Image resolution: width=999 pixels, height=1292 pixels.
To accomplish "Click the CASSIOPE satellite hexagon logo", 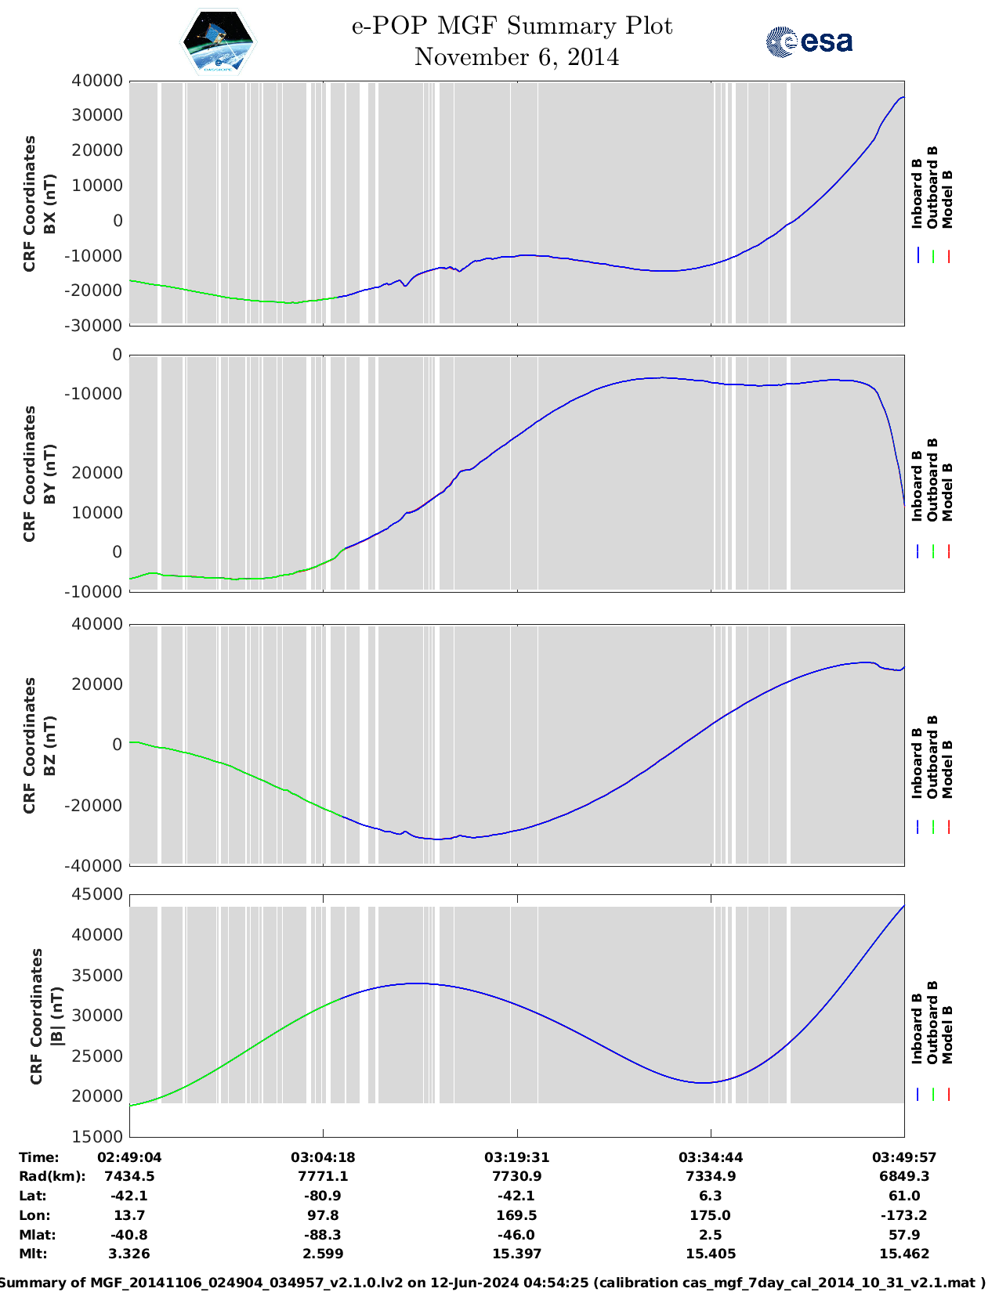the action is pos(218,42).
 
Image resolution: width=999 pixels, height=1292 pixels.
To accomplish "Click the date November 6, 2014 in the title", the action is pos(516,57).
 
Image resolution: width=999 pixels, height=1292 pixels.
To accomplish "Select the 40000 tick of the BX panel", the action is pos(97,81).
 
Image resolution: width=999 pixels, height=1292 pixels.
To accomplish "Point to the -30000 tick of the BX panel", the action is pos(92,325).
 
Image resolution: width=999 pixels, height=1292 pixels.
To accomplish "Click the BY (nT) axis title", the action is pos(49,473).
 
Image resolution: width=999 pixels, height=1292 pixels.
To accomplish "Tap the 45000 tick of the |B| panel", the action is pos(97,893).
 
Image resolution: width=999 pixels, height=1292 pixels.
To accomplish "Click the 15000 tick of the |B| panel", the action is pos(97,1136).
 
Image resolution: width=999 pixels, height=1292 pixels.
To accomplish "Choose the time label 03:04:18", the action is pos(323,1157).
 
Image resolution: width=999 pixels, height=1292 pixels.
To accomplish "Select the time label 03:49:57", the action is pos(903,1157).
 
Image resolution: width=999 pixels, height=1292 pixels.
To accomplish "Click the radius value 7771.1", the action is pos(323,1176).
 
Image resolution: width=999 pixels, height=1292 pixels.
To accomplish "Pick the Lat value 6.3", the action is pos(711,1196).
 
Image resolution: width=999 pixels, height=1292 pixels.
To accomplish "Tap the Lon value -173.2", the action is pos(903,1215).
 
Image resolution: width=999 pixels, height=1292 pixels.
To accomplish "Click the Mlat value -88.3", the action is pos(323,1235).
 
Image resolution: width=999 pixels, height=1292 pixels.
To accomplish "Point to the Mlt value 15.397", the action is pos(516,1254).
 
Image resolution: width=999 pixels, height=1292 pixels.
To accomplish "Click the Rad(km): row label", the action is pos(52,1176).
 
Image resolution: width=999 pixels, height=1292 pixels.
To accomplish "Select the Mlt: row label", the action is pos(33,1254).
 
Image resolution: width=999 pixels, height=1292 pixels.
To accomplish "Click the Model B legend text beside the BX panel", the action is pos(947,199).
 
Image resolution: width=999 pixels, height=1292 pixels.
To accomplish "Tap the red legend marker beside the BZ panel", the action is pos(948,826).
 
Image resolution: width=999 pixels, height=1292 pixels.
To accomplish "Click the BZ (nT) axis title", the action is pos(49,745).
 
